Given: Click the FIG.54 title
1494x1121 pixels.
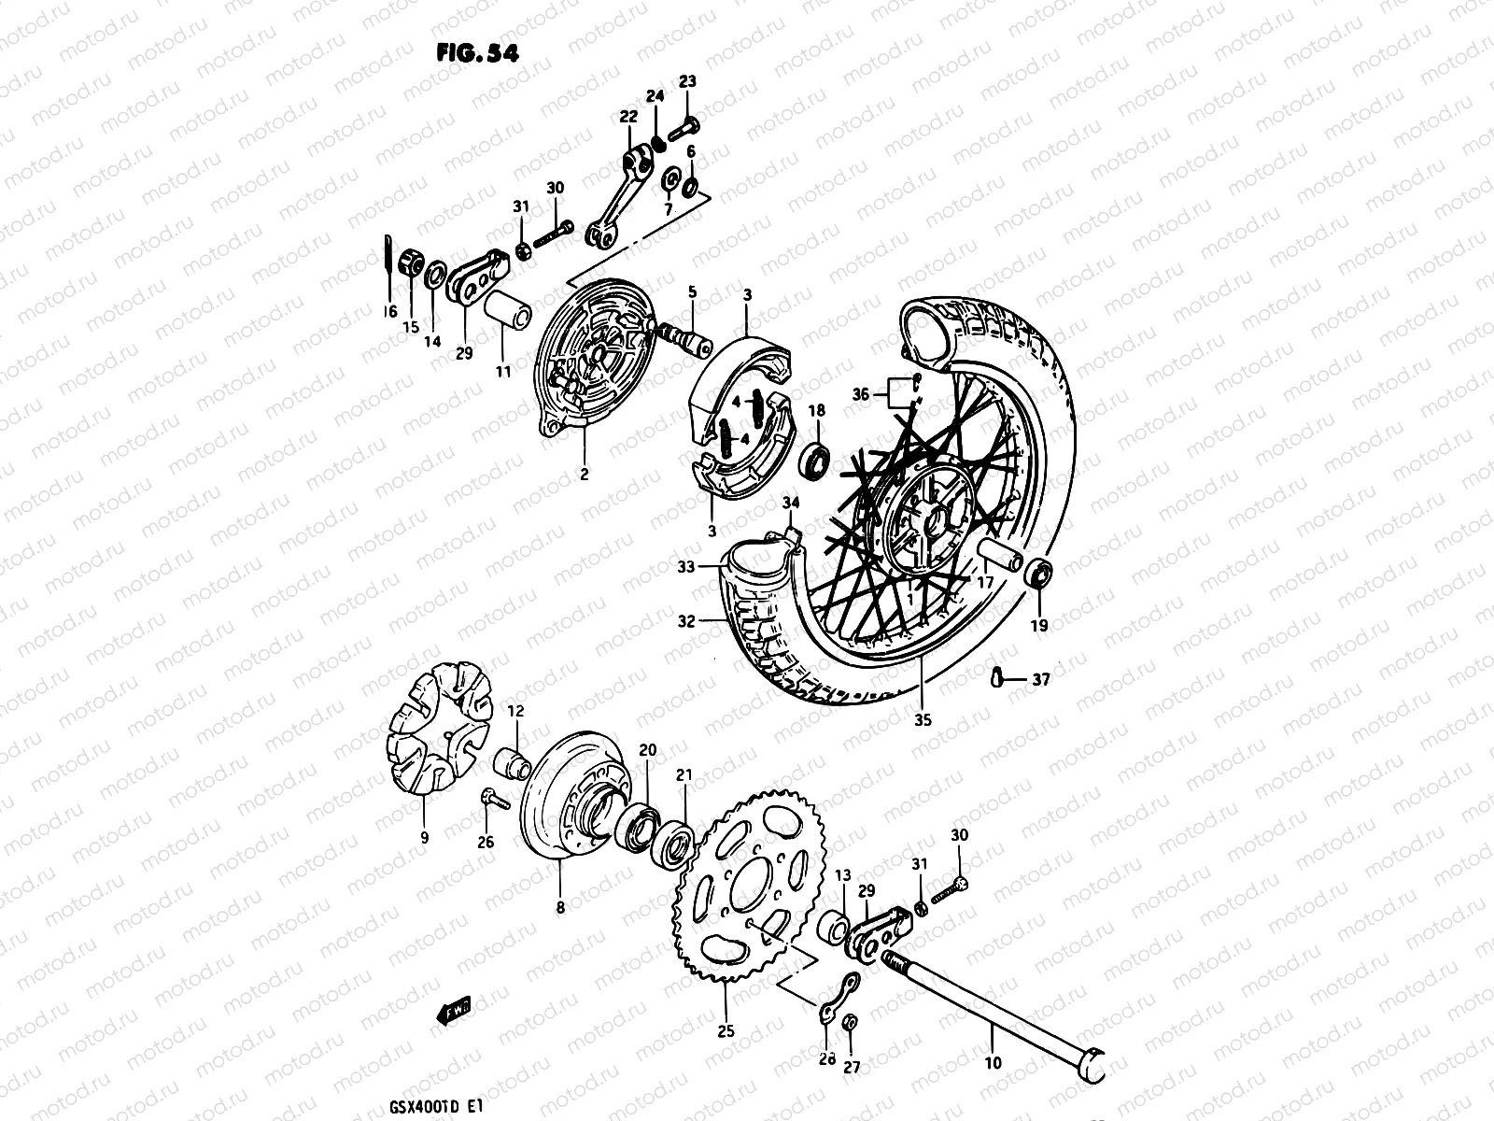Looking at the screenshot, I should point(476,52).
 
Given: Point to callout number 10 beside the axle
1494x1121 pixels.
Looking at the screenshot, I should point(993,1062).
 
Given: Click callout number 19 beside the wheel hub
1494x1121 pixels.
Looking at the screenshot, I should point(1038,626).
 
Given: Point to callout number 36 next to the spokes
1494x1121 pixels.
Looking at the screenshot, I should point(860,395).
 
